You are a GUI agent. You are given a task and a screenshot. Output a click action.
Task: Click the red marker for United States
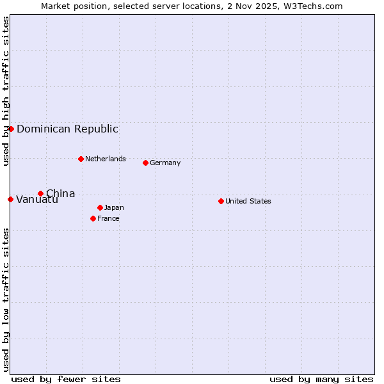click(x=221, y=201)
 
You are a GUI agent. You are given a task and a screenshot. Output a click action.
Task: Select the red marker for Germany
click(x=145, y=163)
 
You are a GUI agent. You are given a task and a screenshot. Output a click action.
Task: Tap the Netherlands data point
click(x=81, y=159)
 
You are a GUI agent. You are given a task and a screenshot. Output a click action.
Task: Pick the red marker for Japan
click(x=100, y=207)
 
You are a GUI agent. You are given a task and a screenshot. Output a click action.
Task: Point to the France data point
click(x=93, y=218)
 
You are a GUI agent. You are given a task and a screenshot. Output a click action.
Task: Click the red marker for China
click(x=40, y=193)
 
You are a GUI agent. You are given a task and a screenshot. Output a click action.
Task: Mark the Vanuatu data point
click(x=10, y=199)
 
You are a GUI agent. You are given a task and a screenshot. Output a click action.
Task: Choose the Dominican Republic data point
click(x=11, y=129)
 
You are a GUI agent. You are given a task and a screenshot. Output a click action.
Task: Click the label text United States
click(x=248, y=201)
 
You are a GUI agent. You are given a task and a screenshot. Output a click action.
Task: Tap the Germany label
click(x=165, y=163)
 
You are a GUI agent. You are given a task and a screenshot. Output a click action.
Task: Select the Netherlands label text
click(x=106, y=159)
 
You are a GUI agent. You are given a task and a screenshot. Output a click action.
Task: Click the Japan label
click(x=114, y=207)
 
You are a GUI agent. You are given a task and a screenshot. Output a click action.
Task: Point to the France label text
click(x=108, y=218)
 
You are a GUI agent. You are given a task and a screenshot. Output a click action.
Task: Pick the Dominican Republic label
click(x=67, y=129)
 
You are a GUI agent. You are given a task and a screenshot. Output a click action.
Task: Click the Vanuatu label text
click(x=37, y=200)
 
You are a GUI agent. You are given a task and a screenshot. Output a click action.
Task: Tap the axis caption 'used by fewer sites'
click(x=66, y=379)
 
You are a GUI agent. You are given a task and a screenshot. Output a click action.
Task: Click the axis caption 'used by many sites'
click(x=321, y=379)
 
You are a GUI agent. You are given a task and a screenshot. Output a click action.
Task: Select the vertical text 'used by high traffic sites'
click(x=6, y=91)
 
